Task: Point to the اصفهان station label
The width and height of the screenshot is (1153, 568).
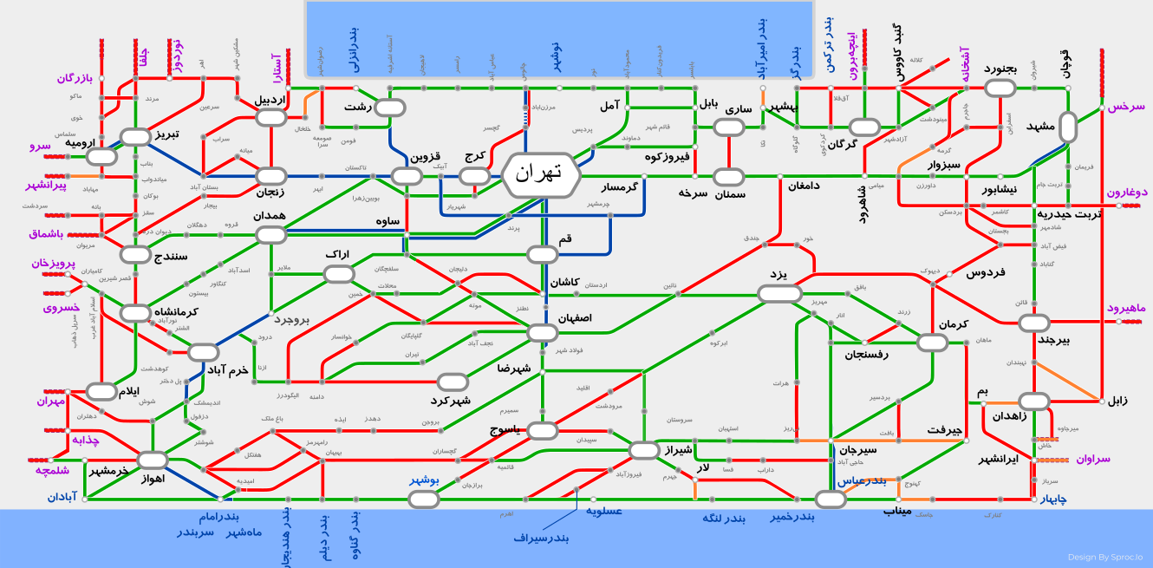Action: [575, 318]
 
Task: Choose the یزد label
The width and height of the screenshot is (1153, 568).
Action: [778, 274]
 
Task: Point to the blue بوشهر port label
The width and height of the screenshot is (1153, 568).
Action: [425, 480]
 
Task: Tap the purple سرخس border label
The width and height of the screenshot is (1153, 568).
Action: [1126, 107]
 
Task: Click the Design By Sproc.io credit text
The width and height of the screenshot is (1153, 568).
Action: [1104, 558]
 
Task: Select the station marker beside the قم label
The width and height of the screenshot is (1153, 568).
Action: [543, 254]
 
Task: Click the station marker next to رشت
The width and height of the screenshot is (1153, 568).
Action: [389, 108]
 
